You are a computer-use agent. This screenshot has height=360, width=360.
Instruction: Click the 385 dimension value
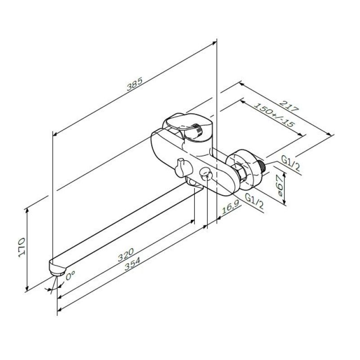pos(135,84)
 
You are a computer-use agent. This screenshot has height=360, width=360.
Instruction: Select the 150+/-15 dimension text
pos(274,115)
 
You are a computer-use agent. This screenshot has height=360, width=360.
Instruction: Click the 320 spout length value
pos(126,255)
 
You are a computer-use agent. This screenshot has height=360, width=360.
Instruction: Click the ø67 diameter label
pos(280,185)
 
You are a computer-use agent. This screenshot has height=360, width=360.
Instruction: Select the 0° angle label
pos(70,275)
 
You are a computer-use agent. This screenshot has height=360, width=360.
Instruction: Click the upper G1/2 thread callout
pos(290,164)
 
